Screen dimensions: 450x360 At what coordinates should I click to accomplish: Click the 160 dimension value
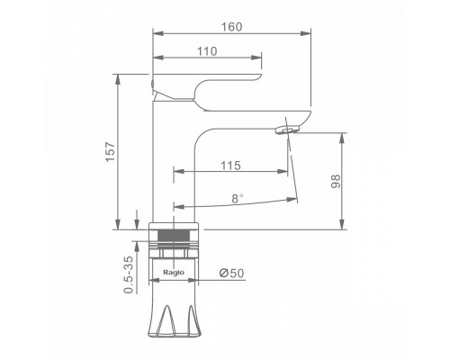coord(231,27)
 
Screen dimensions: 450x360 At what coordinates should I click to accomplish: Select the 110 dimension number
coord(207,51)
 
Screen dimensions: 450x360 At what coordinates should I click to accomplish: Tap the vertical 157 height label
coord(111,151)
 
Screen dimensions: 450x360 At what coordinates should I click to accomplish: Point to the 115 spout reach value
coord(230,166)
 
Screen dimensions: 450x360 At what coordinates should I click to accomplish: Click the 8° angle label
coord(238,199)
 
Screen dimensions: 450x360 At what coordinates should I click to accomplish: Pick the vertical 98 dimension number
coord(336,181)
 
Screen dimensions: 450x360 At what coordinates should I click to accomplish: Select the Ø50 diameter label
coord(231,274)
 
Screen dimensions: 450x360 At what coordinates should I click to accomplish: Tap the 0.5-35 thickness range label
coord(129,274)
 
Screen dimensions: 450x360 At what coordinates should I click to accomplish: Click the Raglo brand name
coord(174,273)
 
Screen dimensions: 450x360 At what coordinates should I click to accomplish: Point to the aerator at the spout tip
coord(287,130)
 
